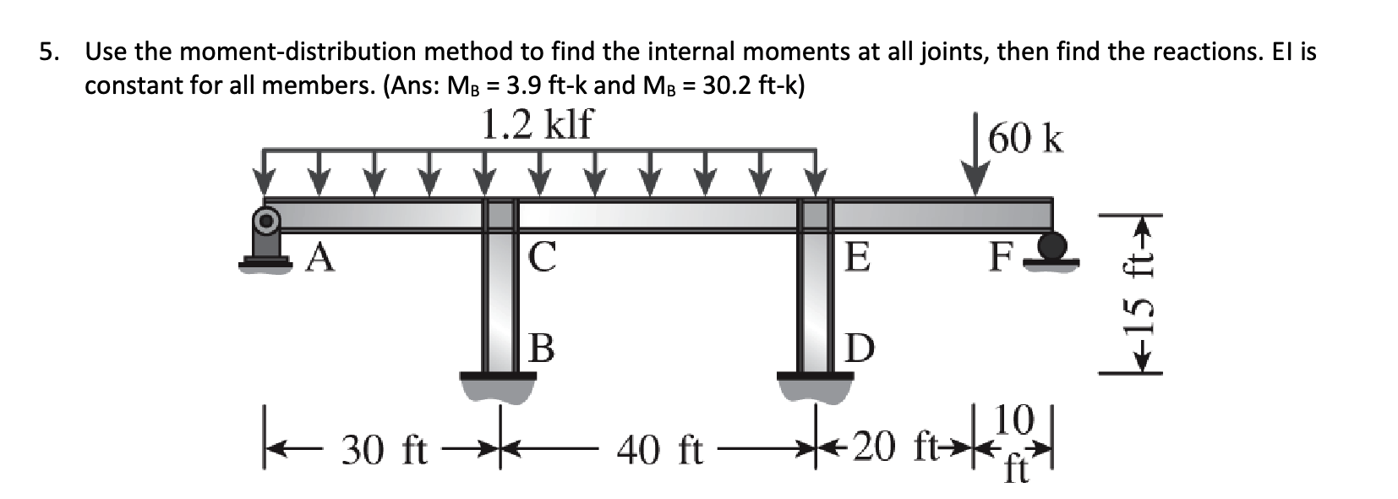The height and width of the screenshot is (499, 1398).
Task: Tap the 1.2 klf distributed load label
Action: tap(537, 125)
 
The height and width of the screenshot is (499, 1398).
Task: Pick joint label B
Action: tap(542, 347)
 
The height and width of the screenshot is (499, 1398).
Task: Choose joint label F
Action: tap(1001, 257)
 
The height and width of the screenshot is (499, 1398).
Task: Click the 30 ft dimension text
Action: tap(385, 450)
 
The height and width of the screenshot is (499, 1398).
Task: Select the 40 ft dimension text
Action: tap(659, 450)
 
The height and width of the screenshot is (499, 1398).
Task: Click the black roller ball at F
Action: tap(1051, 246)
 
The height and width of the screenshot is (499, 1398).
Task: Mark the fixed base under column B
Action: tap(499, 385)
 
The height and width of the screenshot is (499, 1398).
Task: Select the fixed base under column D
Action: tap(816, 385)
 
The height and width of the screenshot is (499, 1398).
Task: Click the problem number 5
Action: tap(51, 52)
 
